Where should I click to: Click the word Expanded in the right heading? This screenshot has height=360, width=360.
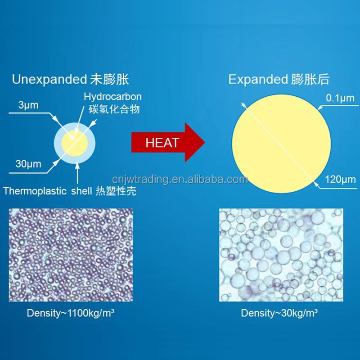pos(257,80)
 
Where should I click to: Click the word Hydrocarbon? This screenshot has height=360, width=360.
pos(112,96)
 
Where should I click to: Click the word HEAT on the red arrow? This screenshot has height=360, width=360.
pos(162,143)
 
